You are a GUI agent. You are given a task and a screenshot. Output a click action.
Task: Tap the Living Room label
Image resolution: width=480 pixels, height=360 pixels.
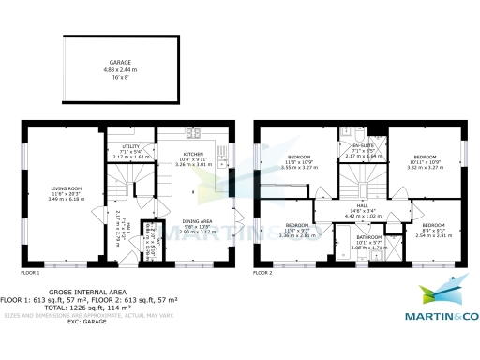click(67, 192)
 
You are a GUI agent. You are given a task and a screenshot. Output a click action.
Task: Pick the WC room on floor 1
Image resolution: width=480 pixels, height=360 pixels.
click(147, 236)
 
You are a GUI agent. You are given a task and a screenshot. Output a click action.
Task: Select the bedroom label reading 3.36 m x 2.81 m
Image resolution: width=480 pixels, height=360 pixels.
click(296, 229)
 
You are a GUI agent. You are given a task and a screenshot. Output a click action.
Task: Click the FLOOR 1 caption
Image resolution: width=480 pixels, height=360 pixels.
click(30, 273)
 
